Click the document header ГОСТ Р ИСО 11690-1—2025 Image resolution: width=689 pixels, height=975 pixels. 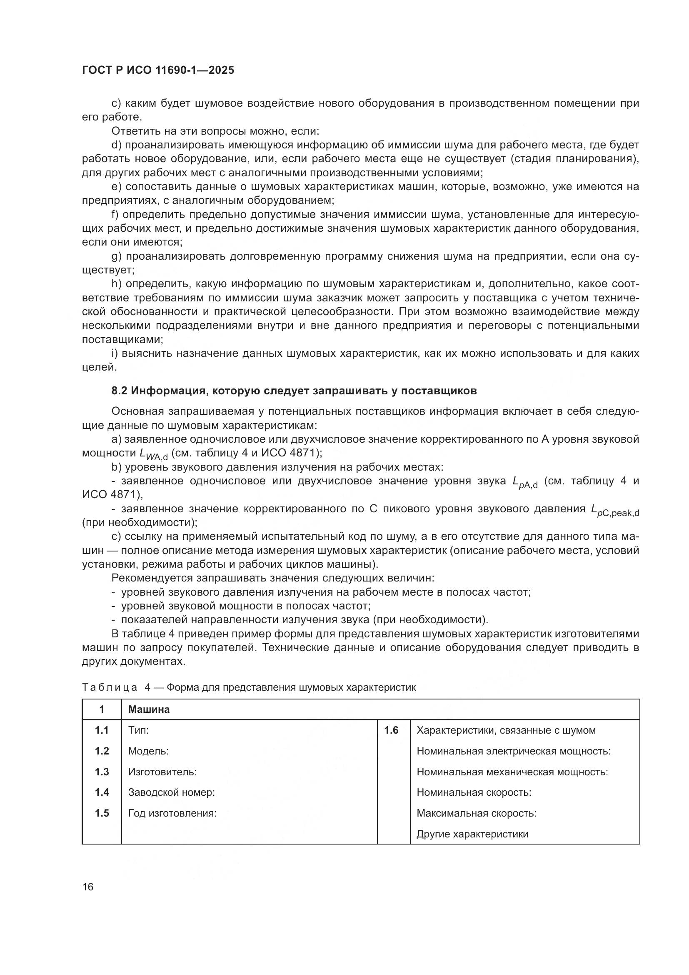(x=158, y=70)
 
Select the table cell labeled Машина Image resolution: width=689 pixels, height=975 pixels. (x=148, y=709)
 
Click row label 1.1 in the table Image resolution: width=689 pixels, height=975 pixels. (x=102, y=730)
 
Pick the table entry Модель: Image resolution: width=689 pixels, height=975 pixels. (x=148, y=751)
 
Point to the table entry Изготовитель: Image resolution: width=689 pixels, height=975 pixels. (x=162, y=772)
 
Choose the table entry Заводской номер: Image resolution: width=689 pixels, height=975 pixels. (x=171, y=792)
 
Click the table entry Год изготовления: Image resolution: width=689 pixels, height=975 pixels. (x=172, y=813)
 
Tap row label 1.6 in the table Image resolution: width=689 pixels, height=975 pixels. (x=391, y=730)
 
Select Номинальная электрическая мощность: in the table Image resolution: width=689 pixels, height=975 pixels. (x=513, y=751)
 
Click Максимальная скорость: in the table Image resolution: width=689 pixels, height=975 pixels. (x=477, y=813)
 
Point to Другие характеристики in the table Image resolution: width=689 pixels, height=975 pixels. (x=472, y=834)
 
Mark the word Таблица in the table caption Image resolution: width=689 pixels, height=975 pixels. (x=110, y=688)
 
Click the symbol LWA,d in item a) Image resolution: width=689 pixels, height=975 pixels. (x=154, y=454)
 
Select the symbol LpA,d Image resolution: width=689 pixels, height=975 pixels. (x=525, y=482)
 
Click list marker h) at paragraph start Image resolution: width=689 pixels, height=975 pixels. (x=117, y=284)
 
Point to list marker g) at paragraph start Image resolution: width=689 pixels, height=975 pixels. (x=117, y=256)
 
